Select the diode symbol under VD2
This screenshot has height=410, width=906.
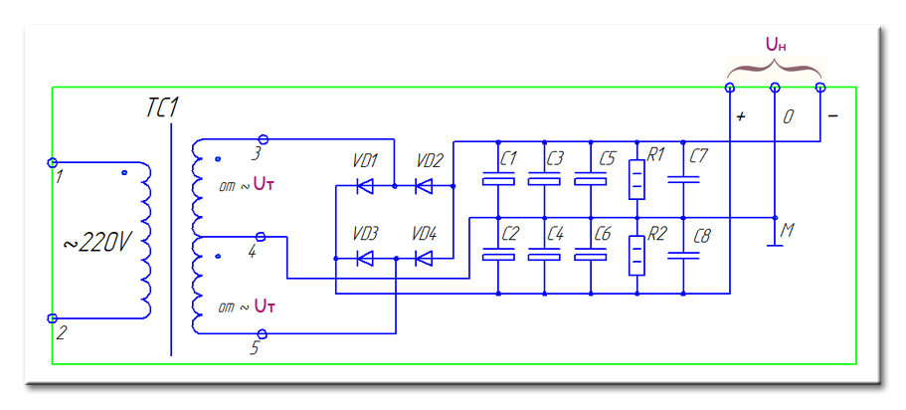[426, 185]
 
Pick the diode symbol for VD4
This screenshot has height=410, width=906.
[426, 259]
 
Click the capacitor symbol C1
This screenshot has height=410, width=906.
[497, 180]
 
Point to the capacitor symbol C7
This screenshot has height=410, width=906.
[684, 180]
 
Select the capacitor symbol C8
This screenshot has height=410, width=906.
[684, 256]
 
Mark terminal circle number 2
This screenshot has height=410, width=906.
[53, 317]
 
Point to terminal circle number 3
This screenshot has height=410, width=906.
[263, 139]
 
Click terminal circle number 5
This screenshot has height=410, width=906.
[263, 333]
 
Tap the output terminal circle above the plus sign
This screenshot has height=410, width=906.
[730, 89]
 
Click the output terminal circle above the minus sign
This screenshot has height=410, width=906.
[820, 89]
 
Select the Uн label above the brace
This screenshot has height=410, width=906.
[776, 46]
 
